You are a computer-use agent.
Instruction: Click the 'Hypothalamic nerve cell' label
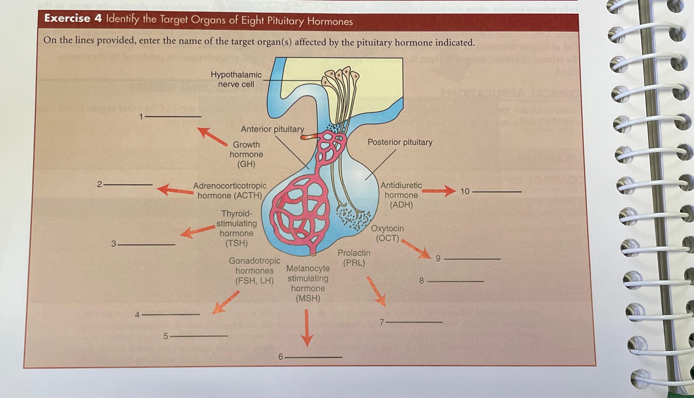236,79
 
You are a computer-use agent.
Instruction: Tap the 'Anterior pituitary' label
272,129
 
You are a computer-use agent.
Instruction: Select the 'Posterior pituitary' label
400,142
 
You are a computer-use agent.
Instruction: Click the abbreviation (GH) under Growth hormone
246,164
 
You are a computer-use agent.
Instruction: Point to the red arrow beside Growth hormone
212,136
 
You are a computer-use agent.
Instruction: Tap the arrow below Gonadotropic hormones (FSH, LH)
225,303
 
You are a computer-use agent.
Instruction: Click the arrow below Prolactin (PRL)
376,292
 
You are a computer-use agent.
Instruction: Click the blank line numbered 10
497,192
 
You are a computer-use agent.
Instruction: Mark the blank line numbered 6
314,357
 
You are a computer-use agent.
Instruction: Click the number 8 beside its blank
422,281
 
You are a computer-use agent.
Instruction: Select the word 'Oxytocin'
387,229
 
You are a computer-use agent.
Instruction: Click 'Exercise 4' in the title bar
67,19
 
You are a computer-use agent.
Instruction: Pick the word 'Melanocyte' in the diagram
308,268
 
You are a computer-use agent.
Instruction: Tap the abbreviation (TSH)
236,243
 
